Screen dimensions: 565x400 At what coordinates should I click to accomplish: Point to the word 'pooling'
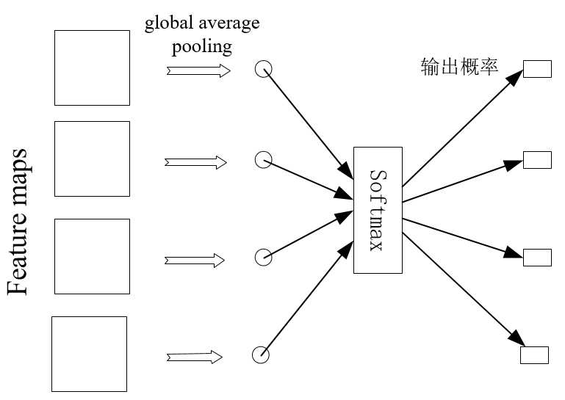[x=202, y=47]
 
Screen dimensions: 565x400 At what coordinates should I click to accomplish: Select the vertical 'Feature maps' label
[x=18, y=222]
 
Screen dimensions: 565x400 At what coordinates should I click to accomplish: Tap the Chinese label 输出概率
[x=459, y=67]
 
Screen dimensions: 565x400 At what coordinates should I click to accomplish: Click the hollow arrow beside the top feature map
[x=198, y=70]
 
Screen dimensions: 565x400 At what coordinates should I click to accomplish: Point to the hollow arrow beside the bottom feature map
[x=195, y=357]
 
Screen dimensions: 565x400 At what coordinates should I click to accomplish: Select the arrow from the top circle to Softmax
[x=309, y=124]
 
